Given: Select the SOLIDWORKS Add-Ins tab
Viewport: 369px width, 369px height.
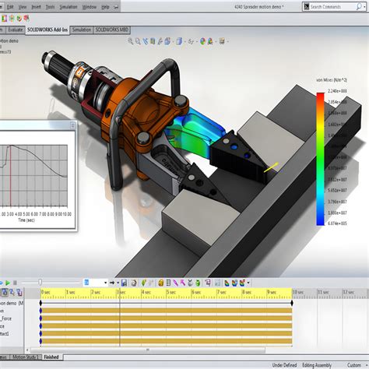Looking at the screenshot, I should click(x=47, y=30).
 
